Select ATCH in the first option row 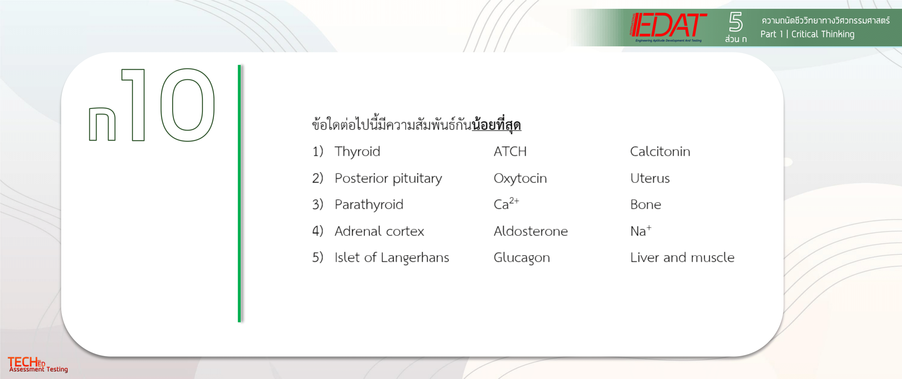point(510,151)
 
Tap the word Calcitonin point(660,151)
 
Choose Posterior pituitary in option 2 point(388,179)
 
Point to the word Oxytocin point(520,179)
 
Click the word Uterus point(650,178)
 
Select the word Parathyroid point(369,205)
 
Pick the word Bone point(646,205)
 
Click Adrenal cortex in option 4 point(379,231)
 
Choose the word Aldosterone point(531,231)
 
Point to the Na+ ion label point(641,230)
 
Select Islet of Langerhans point(392,258)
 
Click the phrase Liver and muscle point(682,258)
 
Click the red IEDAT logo point(668,27)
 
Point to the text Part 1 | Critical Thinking point(807,34)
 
